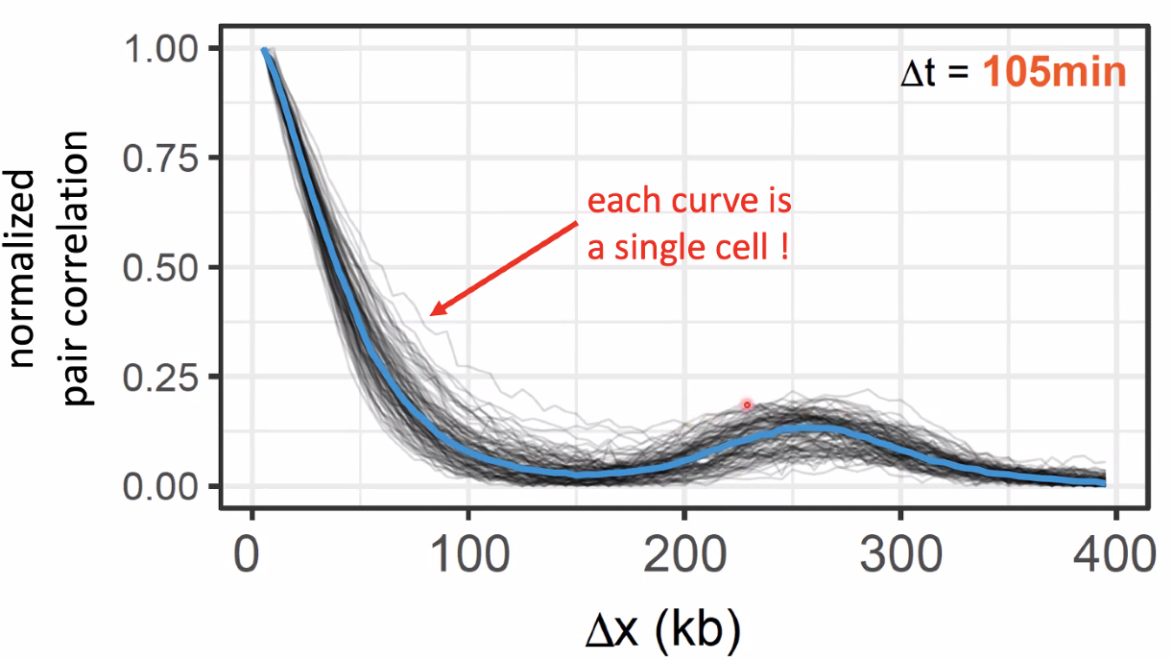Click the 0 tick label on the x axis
[x=251, y=554]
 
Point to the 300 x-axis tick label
[x=900, y=554]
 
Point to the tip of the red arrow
[x=430, y=314]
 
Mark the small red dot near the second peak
[x=747, y=405]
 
